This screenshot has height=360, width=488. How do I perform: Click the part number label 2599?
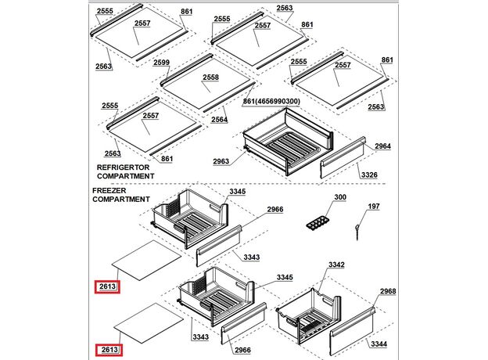point(162,63)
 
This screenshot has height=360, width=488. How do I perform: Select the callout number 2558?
point(211,78)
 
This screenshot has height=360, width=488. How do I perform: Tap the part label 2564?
point(219,120)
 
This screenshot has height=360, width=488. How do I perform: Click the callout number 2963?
point(222,161)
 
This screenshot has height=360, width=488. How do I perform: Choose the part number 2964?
point(382,146)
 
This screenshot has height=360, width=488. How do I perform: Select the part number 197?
point(375,207)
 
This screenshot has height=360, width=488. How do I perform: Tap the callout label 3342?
point(336,265)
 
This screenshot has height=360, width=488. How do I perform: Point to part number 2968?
point(388,292)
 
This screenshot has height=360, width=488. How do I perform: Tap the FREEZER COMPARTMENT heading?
point(120,195)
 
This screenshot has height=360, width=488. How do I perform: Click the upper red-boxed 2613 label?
point(107,287)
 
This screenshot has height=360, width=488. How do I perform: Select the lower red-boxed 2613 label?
point(107,349)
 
